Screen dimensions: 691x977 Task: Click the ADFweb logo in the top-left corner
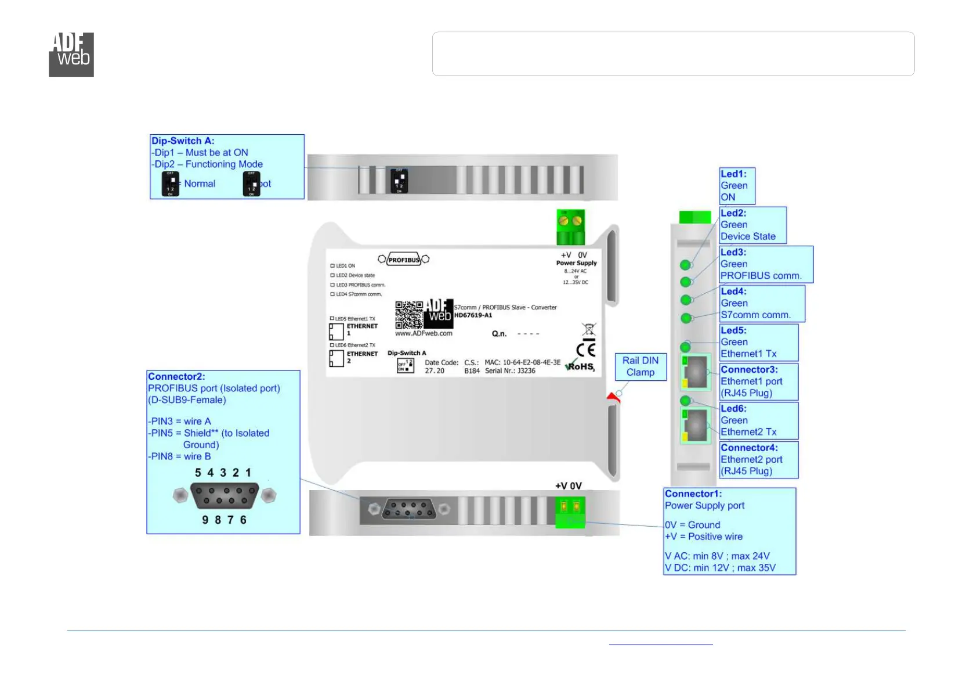(71, 55)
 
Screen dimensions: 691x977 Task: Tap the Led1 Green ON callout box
(737, 186)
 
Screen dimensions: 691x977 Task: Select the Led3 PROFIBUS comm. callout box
(766, 264)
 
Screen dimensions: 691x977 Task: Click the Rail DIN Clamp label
(641, 366)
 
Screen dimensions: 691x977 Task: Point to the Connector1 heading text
(693, 494)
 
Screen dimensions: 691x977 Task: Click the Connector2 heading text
(176, 376)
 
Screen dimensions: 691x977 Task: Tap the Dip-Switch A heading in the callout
(183, 141)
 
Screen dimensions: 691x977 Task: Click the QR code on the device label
(409, 315)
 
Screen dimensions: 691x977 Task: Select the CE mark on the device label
(586, 349)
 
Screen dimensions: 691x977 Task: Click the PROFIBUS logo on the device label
(404, 260)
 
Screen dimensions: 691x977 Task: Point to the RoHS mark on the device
(580, 366)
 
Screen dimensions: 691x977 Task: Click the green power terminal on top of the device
(570, 227)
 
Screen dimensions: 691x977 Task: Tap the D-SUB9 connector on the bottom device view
(409, 510)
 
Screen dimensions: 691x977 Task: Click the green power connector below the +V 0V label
(570, 512)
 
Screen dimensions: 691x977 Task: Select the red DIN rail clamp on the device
(613, 398)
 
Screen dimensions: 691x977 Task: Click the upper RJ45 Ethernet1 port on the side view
(696, 372)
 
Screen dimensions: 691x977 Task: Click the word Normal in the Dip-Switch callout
(200, 183)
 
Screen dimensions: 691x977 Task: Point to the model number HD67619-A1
(473, 315)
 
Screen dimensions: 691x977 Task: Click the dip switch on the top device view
(400, 181)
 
